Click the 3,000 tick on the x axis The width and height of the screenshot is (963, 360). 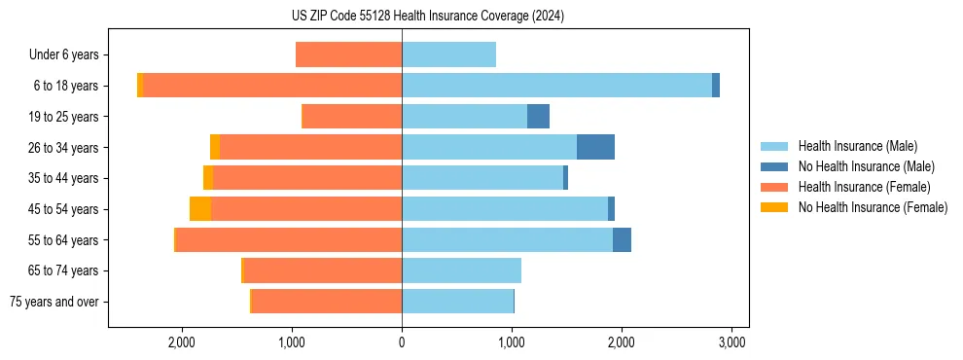[x=731, y=342]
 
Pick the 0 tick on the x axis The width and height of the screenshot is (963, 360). [x=402, y=342]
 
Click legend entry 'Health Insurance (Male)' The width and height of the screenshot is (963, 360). [x=857, y=146]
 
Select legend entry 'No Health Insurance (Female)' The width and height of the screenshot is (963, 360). [x=873, y=207]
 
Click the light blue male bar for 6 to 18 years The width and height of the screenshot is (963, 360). [x=556, y=86]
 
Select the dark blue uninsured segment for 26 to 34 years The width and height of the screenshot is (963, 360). [x=595, y=147]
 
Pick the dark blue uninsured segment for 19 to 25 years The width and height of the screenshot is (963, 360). [x=538, y=117]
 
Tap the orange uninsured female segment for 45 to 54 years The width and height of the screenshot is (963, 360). [x=200, y=209]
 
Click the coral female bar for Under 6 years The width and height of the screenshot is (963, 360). [x=348, y=55]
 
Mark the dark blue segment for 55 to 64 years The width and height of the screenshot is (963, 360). [x=622, y=240]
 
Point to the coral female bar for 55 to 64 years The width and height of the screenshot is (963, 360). [x=288, y=240]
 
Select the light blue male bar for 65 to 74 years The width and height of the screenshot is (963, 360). [x=461, y=270]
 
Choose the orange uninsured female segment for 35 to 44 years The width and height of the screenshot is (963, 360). [x=208, y=178]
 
